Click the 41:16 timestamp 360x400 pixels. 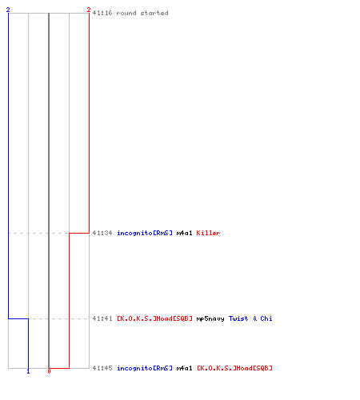(x=102, y=13)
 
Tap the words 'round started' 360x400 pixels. (x=142, y=13)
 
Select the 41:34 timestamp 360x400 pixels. (x=102, y=233)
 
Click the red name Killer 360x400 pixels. (x=208, y=233)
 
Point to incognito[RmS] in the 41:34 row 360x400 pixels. (x=145, y=233)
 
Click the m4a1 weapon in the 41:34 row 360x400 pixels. (x=184, y=233)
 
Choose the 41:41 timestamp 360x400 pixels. (x=102, y=318)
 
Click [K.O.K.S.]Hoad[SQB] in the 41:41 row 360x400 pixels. (x=154, y=318)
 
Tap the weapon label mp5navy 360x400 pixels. (x=210, y=318)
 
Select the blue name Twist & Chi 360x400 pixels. (x=250, y=318)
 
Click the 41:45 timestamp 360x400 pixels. (x=102, y=368)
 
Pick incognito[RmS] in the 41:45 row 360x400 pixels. (x=145, y=368)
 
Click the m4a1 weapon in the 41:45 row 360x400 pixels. (x=184, y=368)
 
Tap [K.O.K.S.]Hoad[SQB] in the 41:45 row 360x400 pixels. (x=234, y=368)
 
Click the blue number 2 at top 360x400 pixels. (x=8, y=10)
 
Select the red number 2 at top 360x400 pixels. (x=89, y=10)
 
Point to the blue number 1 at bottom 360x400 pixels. (x=28, y=371)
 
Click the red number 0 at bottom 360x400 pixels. (x=49, y=371)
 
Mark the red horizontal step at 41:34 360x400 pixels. (x=79, y=233)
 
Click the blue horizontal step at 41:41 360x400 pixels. (x=18, y=318)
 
